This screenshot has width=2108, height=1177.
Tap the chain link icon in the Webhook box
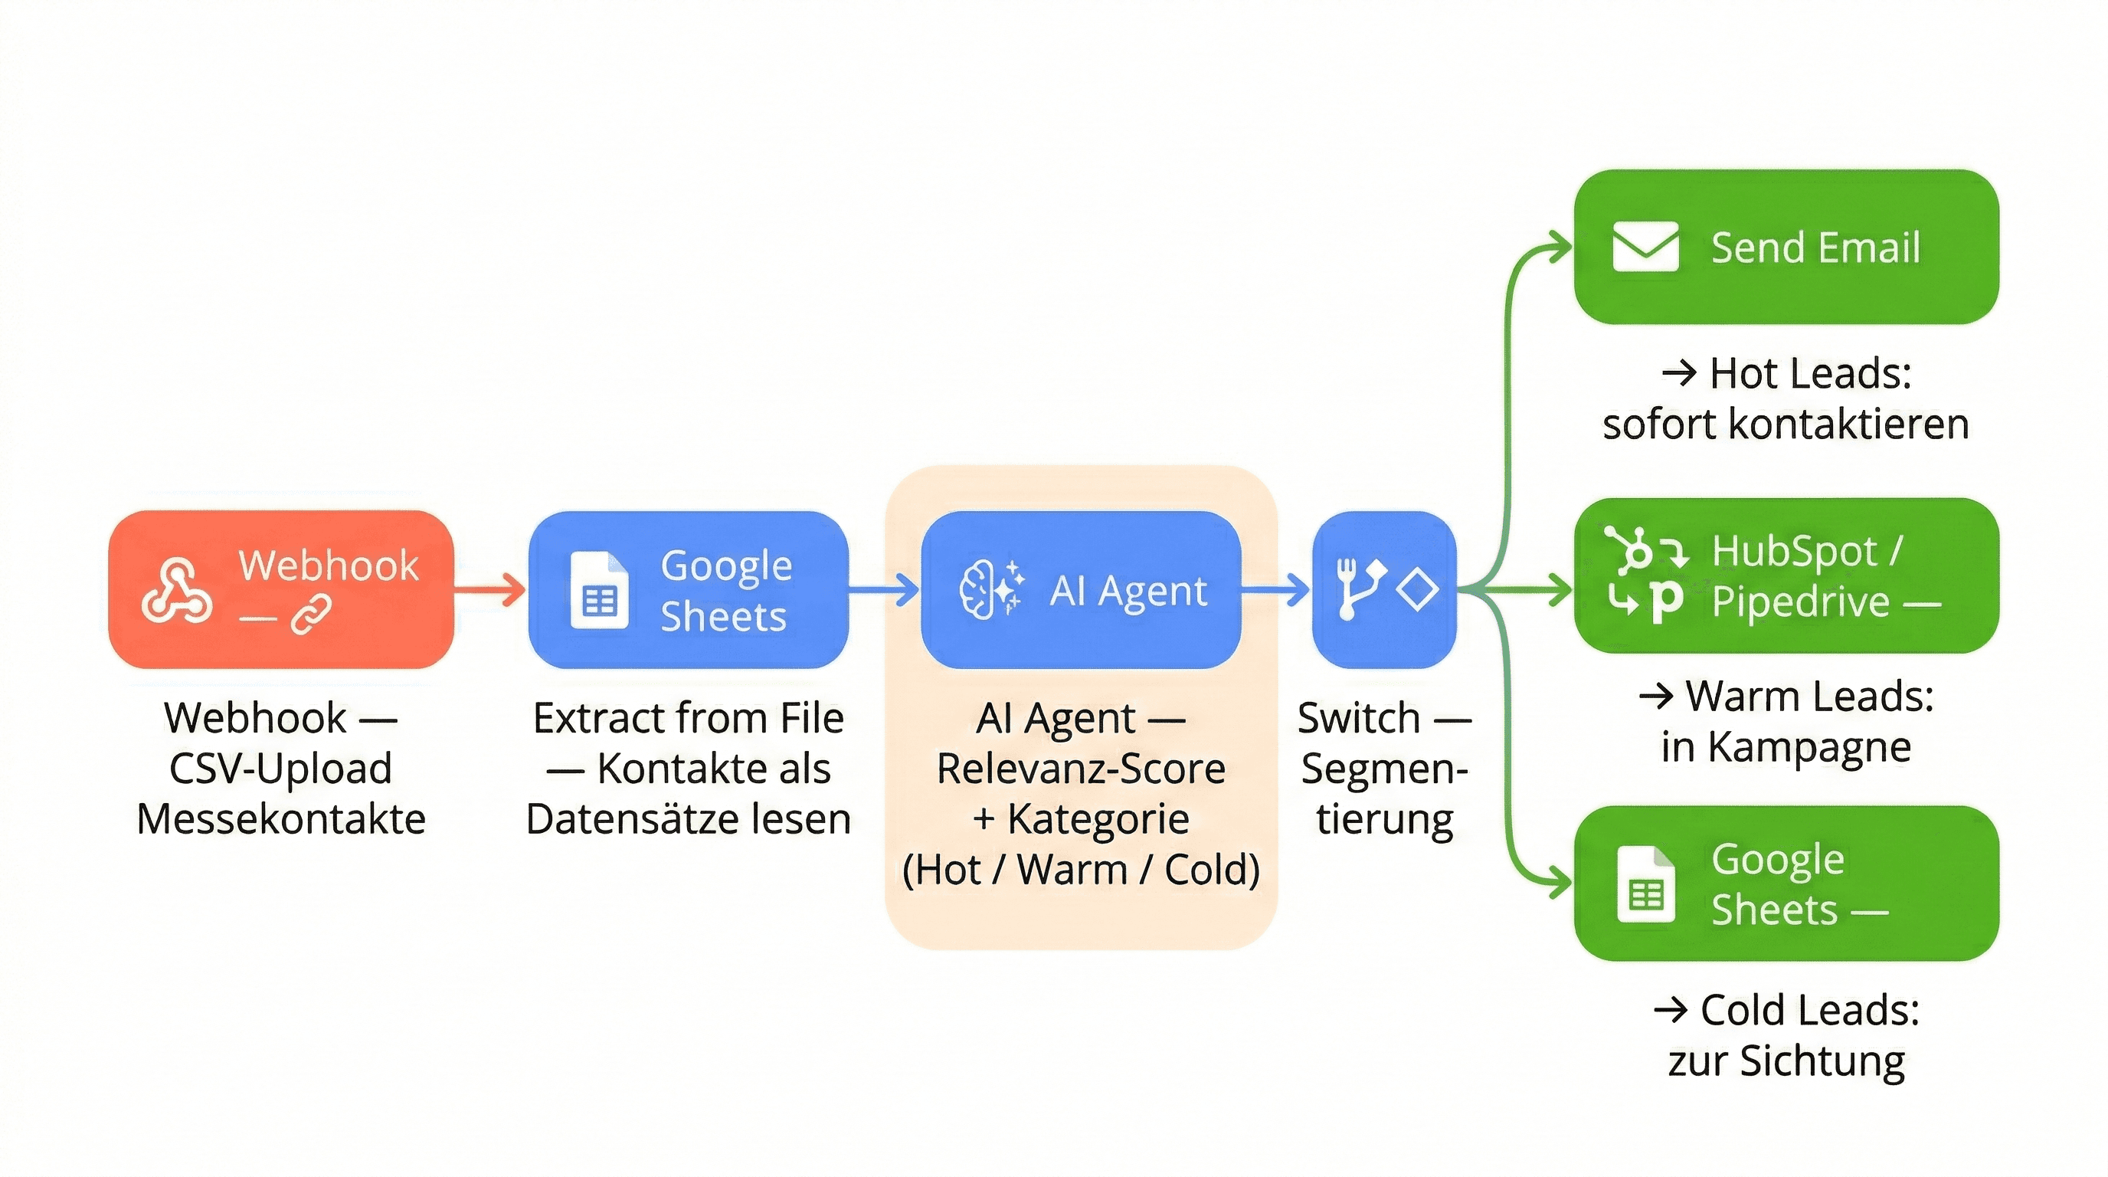click(311, 614)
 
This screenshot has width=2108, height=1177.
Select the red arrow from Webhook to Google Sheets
click(490, 589)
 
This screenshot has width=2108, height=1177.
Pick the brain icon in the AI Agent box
click(978, 589)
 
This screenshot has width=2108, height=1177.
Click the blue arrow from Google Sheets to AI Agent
click(884, 589)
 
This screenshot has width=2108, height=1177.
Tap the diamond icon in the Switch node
click(1417, 589)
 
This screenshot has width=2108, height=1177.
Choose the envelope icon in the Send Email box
click(1645, 247)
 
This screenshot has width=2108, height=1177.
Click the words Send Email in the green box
click(1815, 248)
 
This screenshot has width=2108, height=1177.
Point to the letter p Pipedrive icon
click(1665, 602)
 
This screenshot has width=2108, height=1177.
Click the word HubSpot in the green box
click(1794, 551)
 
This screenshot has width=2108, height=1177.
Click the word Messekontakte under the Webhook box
click(280, 818)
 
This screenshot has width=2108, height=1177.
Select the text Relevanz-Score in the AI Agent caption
click(1080, 769)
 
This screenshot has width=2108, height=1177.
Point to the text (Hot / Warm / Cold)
click(1080, 869)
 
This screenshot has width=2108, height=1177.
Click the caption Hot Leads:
click(1810, 373)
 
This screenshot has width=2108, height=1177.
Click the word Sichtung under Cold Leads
click(1822, 1061)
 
